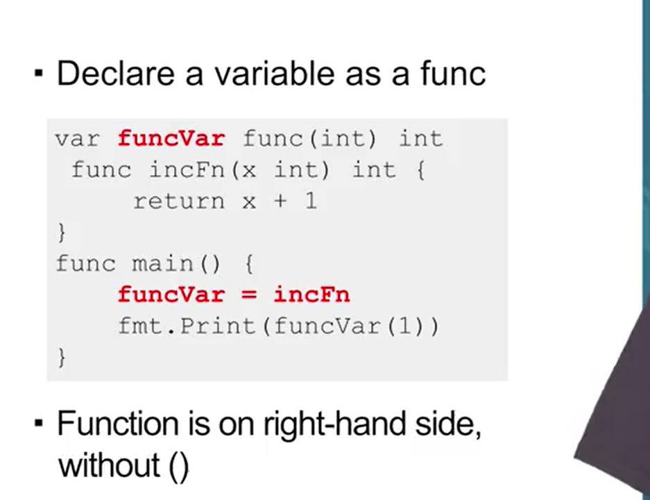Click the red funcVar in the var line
point(171,138)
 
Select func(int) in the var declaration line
point(310,138)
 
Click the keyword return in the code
point(179,201)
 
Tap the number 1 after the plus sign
point(310,201)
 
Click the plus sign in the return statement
point(280,201)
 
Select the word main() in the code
point(178,264)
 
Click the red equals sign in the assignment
point(249,294)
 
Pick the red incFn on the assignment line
point(311,294)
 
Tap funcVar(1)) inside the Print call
point(357,326)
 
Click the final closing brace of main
point(62,357)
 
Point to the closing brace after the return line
point(62,232)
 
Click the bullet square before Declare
point(39,73)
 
